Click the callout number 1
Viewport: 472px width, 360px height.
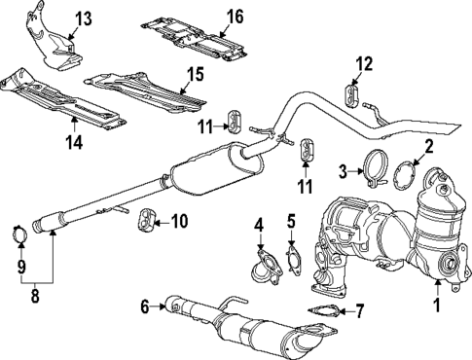coord(437,306)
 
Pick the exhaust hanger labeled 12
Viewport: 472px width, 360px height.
coord(351,93)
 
